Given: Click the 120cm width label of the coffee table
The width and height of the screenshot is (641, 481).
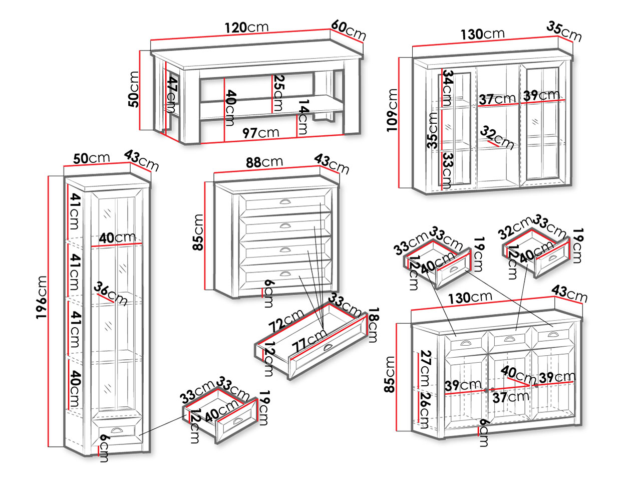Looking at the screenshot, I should click(246, 28).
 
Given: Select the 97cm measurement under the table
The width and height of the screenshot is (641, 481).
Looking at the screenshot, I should click(261, 133).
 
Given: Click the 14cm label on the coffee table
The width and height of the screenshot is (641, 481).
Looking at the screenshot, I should click(303, 118).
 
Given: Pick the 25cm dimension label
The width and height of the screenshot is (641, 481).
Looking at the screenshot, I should click(278, 93).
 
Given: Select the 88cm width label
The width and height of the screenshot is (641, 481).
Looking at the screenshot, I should click(264, 162).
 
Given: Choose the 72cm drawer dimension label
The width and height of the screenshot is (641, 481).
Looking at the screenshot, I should click(286, 321).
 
